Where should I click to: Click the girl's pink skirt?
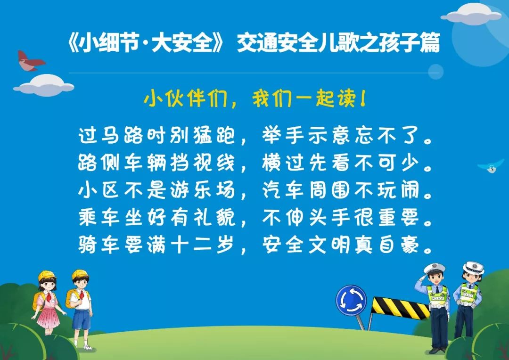tap(48, 317)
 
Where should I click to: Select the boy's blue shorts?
tap(81, 319)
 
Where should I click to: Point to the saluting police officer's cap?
tap(434, 269)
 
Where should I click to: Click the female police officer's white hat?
tap(473, 268)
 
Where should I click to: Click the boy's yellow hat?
tap(80, 275)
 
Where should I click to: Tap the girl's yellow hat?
tap(47, 276)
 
